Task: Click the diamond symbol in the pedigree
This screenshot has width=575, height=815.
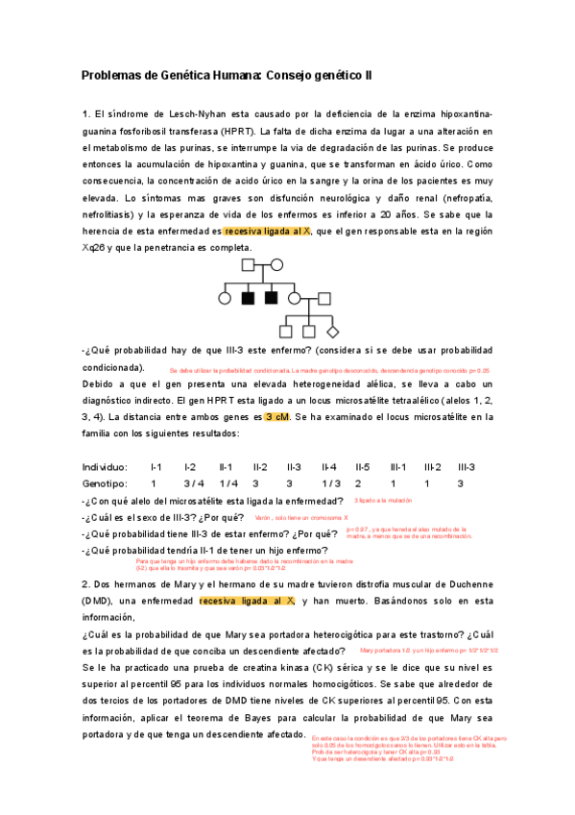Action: pos(333,332)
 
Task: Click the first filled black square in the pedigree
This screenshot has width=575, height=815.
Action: pos(248,298)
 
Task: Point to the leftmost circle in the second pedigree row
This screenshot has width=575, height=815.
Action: pos(225,298)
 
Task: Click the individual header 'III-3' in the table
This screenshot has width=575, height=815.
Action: pos(466,466)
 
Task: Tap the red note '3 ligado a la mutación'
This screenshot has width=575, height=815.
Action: pos(383,501)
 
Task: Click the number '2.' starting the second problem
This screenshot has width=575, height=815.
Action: pos(85,583)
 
